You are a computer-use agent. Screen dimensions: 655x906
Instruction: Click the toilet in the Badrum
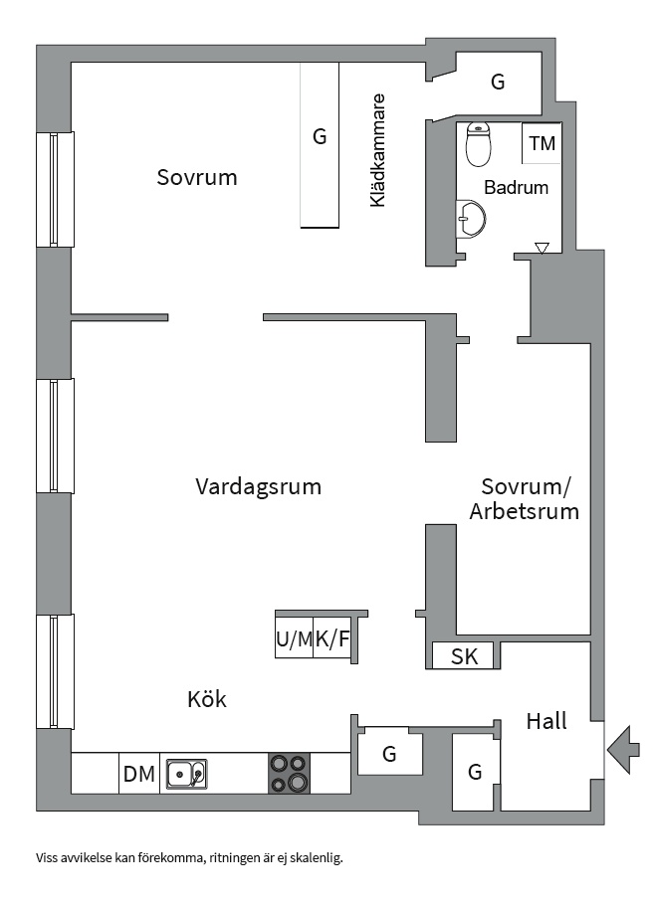click(479, 144)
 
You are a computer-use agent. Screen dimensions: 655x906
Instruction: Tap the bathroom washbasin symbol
click(470, 219)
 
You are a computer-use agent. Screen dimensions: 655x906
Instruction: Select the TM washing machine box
click(542, 143)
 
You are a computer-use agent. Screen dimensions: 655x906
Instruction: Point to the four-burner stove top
click(289, 773)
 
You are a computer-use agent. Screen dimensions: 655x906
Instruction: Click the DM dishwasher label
click(139, 773)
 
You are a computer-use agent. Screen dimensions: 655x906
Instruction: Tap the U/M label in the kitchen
click(295, 639)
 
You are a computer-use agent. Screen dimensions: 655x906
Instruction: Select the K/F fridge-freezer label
click(332, 639)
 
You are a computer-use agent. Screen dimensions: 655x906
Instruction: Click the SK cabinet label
click(464, 656)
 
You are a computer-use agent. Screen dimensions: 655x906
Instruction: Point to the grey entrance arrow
click(623, 750)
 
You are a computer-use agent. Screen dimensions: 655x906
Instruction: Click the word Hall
click(546, 721)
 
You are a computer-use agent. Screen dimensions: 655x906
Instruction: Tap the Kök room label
click(206, 699)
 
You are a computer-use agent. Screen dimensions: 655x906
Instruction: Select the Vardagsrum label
click(258, 486)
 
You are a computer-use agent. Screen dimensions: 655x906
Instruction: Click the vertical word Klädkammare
click(377, 150)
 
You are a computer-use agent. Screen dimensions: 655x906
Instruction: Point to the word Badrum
click(516, 187)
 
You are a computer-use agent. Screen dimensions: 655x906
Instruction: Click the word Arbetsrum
click(524, 511)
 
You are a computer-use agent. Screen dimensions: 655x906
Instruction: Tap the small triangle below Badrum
click(542, 248)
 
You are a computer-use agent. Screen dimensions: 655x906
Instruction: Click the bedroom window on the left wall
click(55, 190)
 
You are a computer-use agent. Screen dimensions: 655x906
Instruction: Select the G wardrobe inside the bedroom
click(320, 145)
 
